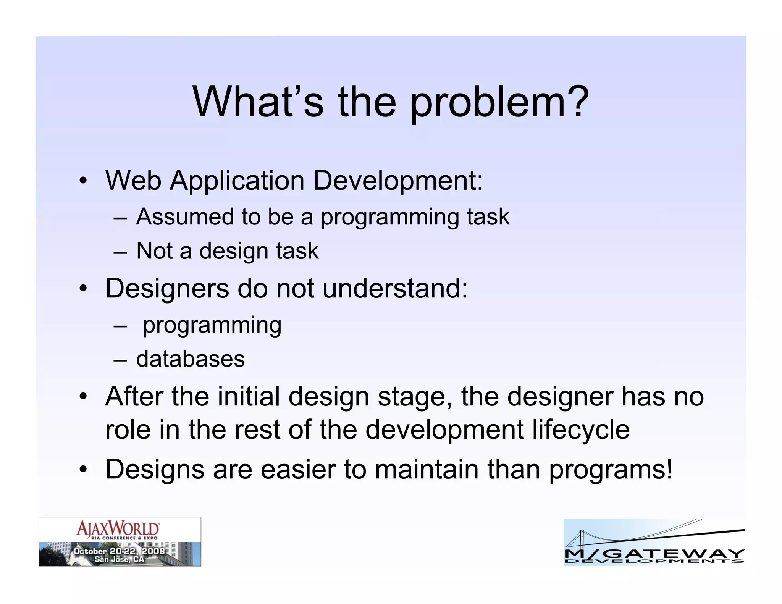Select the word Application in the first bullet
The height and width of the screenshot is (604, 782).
point(237,180)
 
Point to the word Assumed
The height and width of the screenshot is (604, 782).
point(185,217)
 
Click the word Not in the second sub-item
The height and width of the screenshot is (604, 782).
point(154,251)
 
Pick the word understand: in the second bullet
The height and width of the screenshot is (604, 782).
point(395,288)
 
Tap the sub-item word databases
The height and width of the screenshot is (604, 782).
point(191,359)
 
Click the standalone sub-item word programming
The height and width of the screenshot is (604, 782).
point(212,326)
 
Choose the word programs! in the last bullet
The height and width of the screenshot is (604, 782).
point(611,470)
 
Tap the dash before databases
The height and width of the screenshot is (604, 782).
point(120,360)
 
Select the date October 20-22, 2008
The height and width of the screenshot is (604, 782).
point(119,551)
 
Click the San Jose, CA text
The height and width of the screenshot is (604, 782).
point(119,559)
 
